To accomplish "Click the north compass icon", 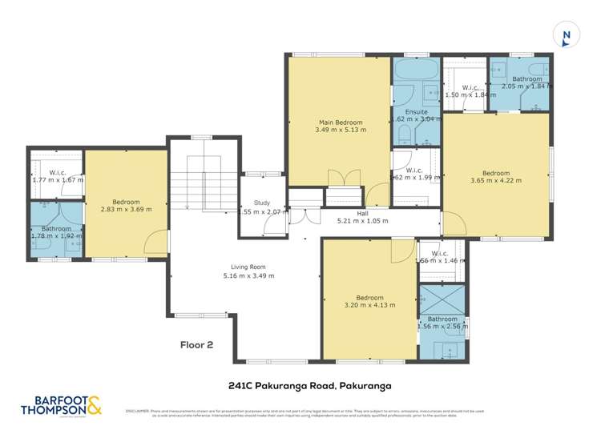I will pyautogui.click(x=566, y=35).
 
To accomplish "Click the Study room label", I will pyautogui.click(x=262, y=203).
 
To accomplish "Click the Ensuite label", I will pyautogui.click(x=414, y=111).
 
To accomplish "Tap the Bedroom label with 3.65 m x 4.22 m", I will pyautogui.click(x=495, y=173).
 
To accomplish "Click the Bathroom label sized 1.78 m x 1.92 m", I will pyautogui.click(x=57, y=229).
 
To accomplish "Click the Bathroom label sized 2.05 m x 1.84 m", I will pyautogui.click(x=526, y=79).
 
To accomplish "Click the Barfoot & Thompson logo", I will pyautogui.click(x=54, y=406).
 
